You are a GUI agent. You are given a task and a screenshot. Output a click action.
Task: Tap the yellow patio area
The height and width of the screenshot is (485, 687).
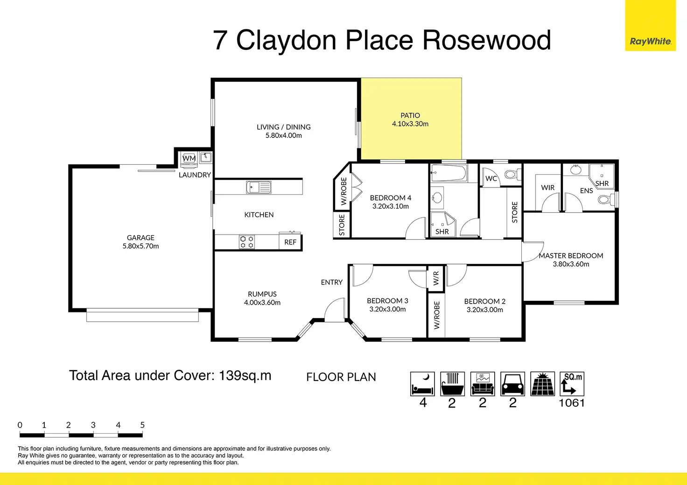tap(411, 118)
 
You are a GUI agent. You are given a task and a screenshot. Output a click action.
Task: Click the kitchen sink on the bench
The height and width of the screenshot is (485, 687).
tap(259, 187)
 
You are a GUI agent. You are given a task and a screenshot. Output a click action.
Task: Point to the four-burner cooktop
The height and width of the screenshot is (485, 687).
tap(247, 242)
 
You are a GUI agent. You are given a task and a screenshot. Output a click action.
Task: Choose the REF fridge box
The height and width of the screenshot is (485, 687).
tap(290, 242)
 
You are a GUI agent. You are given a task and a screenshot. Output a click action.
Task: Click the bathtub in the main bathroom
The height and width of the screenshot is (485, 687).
tap(449, 173)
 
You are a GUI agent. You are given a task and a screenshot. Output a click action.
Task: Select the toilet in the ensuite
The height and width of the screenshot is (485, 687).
tap(606, 200)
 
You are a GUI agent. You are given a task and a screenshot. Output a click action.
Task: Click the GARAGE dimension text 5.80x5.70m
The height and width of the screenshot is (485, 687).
tap(141, 246)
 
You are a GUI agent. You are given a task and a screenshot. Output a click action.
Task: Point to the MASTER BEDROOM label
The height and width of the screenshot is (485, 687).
tap(571, 256)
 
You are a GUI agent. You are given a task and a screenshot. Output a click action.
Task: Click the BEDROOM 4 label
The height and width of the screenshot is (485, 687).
tap(391, 198)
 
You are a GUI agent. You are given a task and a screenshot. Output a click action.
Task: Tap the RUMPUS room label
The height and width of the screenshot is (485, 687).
tap(262, 294)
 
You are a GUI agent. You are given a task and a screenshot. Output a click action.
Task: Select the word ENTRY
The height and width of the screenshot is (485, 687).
tap(331, 282)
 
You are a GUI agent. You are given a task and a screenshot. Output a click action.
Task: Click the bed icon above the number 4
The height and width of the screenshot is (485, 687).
tap(422, 384)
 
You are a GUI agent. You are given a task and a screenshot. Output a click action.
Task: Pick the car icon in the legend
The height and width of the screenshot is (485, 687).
tap(512, 384)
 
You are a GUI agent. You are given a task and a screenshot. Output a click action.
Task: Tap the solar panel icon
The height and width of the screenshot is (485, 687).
tap(542, 384)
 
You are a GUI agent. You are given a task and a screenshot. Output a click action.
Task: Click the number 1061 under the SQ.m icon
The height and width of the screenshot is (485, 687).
tap(572, 403)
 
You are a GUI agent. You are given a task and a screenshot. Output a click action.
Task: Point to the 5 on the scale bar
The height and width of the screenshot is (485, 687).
tap(142, 425)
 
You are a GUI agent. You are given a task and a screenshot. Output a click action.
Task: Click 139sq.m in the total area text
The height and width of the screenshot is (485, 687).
tap(245, 375)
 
